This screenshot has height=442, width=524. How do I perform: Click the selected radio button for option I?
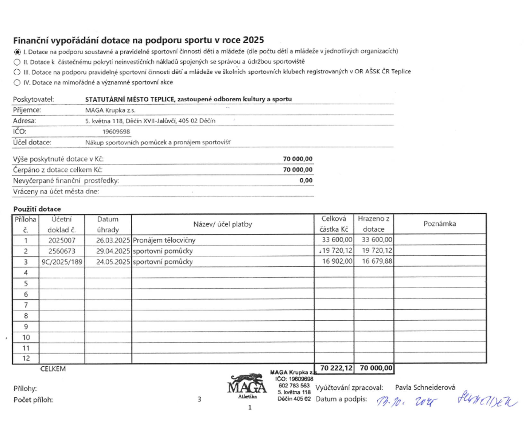click(x=17, y=52)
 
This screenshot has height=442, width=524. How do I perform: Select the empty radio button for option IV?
click(x=17, y=83)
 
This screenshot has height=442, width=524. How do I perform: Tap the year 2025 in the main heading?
click(x=253, y=40)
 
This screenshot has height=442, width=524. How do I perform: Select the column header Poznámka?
click(x=439, y=224)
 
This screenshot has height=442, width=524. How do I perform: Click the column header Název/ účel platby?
click(x=222, y=224)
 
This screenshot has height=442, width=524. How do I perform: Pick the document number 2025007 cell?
click(x=62, y=240)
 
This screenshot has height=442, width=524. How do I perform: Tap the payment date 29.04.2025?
click(x=113, y=251)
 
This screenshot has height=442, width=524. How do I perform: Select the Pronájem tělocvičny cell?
click(x=164, y=240)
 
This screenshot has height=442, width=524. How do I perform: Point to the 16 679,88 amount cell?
click(x=377, y=261)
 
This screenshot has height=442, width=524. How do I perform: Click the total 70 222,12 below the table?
click(x=336, y=368)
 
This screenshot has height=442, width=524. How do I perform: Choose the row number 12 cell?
click(x=26, y=358)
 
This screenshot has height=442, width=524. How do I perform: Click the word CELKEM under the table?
click(x=53, y=369)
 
